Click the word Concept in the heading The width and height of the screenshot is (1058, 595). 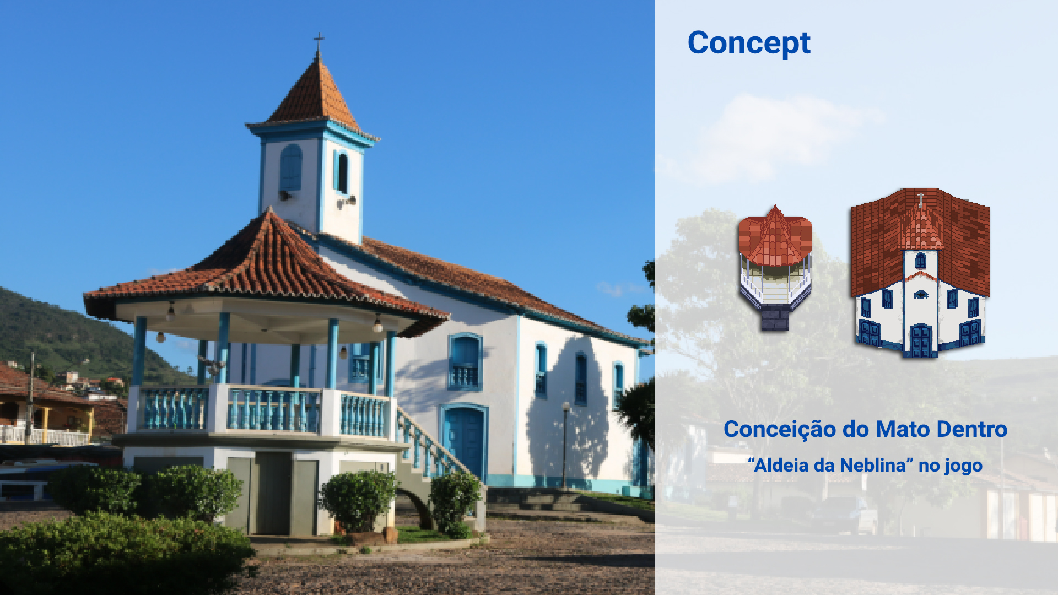749,44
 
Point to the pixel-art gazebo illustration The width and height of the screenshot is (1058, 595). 775,268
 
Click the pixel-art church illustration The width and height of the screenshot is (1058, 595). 920,273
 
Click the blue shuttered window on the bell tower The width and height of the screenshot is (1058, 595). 291,168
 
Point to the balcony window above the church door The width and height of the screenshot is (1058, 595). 465,361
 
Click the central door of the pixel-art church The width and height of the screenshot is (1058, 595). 920,341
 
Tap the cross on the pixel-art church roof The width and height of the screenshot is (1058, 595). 920,199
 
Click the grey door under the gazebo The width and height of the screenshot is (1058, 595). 273,494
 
